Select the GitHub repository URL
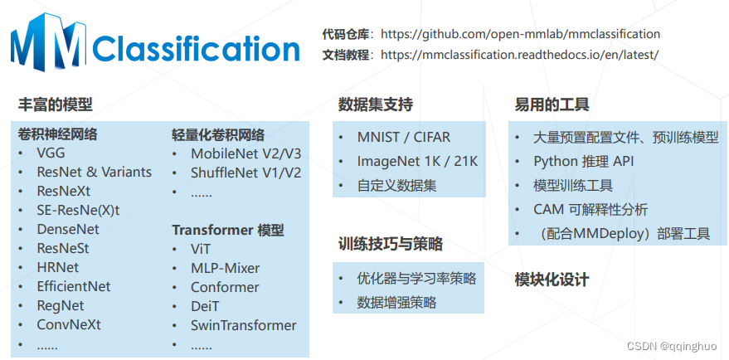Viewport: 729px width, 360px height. (521, 34)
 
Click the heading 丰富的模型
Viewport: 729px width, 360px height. (55, 105)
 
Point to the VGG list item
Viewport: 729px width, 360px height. (51, 153)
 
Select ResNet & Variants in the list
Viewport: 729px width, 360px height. (94, 173)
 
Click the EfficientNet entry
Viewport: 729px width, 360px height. (73, 286)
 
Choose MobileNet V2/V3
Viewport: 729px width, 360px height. (246, 153)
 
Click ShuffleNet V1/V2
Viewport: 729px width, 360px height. (246, 173)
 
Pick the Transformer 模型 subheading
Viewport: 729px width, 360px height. (228, 230)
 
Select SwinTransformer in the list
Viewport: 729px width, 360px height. (243, 325)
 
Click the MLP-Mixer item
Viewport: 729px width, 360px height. (225, 268)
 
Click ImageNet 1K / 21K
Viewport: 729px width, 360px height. (417, 161)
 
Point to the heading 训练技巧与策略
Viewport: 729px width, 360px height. (391, 245)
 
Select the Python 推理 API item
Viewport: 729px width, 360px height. (583, 161)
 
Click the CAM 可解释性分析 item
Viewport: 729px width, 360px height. (590, 209)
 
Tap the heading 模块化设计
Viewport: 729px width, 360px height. (552, 280)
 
